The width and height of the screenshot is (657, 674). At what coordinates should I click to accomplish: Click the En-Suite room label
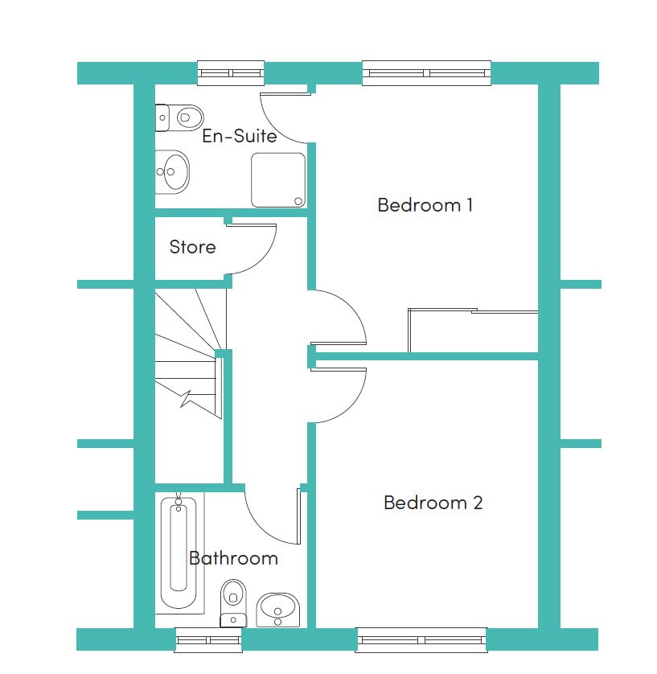[x=240, y=136]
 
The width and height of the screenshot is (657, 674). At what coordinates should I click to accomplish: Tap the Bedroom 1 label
[x=425, y=204]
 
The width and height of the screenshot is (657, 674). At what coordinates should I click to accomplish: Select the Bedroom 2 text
[x=433, y=503]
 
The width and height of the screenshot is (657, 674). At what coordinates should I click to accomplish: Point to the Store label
[x=192, y=247]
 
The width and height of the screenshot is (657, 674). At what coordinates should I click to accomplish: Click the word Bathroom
[x=233, y=558]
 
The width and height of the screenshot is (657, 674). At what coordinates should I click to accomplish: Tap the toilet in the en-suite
[x=179, y=117]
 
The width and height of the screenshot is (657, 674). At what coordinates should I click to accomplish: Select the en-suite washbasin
[x=172, y=172]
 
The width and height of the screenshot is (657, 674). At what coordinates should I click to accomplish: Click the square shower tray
[x=278, y=180]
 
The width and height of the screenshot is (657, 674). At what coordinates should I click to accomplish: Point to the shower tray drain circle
[x=298, y=201]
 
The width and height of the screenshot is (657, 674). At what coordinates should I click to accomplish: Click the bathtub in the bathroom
[x=179, y=553]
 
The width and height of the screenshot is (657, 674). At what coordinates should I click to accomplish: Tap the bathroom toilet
[x=233, y=603]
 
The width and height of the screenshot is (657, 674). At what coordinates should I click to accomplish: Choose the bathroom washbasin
[x=278, y=610]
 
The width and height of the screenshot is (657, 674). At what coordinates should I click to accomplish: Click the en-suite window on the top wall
[x=231, y=73]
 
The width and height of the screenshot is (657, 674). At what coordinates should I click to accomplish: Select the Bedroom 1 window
[x=427, y=73]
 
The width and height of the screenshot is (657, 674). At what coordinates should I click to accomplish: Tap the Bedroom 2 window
[x=421, y=640]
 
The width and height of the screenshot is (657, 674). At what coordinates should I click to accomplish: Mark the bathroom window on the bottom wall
[x=208, y=640]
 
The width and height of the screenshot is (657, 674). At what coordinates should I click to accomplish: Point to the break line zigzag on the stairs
[x=186, y=399]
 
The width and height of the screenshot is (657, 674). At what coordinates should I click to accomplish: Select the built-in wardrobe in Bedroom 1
[x=473, y=330]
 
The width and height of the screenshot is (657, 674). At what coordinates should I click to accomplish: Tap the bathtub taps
[x=179, y=502]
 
